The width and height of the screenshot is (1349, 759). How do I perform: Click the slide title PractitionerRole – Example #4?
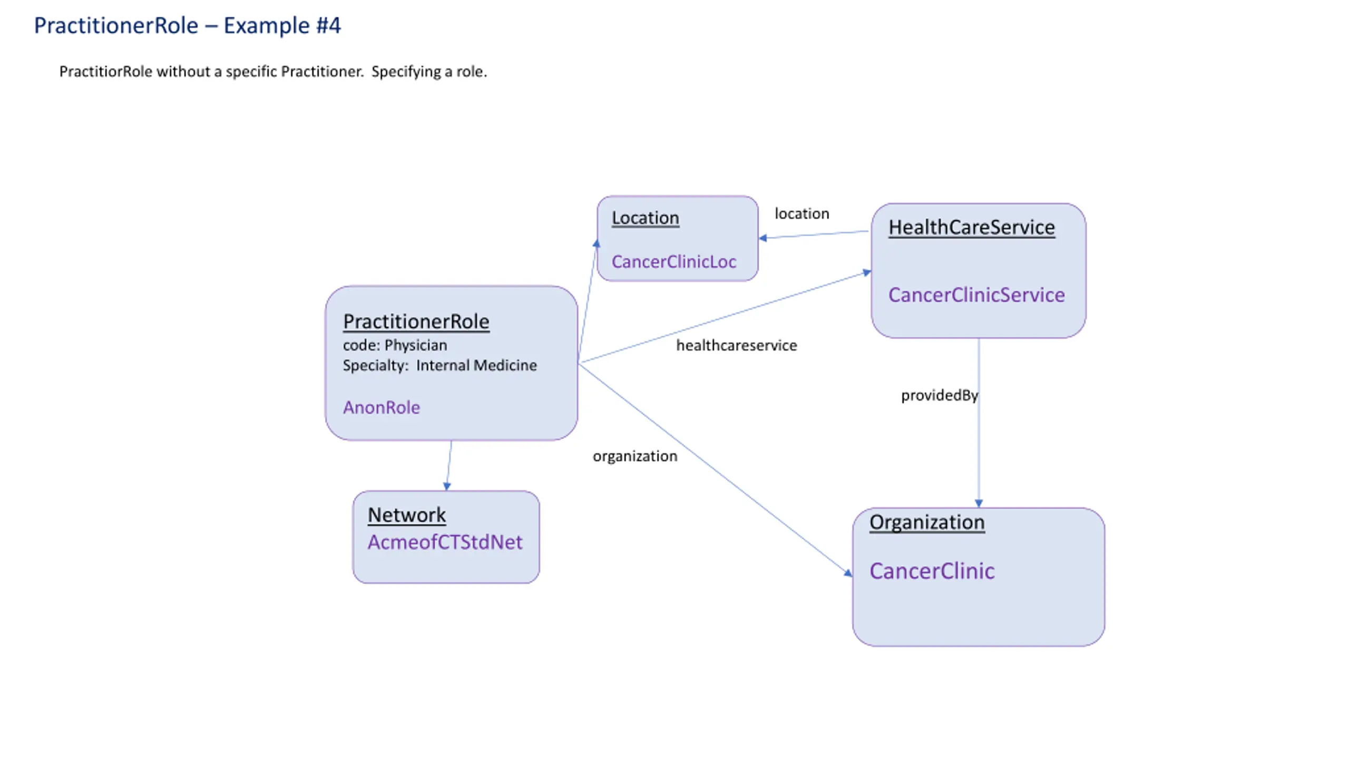point(187,25)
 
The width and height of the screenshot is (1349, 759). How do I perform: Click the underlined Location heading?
point(645,218)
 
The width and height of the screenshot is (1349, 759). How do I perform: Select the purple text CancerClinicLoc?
point(673,261)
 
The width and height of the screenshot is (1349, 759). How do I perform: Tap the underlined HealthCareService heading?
point(971,227)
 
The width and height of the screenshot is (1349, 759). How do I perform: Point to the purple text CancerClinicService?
point(976,295)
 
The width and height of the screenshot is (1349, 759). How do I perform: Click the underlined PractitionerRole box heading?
point(416,322)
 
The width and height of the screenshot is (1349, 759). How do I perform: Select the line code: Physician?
point(395,345)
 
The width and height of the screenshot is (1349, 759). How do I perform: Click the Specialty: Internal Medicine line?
point(439,365)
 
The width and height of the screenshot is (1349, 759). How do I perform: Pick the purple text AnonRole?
point(381,407)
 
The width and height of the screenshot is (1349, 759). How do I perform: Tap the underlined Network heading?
point(406,515)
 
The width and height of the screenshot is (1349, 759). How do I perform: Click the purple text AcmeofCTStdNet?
point(445,542)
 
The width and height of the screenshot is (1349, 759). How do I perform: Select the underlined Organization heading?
point(927,522)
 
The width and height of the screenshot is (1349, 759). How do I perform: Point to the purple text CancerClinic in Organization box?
point(932,571)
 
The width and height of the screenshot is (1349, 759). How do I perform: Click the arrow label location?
point(801,213)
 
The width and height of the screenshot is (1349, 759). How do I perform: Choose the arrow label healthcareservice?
point(736,345)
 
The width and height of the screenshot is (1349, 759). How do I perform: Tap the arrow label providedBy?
point(939,395)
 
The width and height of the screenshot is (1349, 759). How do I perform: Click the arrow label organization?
point(634,456)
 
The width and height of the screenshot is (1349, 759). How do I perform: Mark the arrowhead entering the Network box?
point(447,486)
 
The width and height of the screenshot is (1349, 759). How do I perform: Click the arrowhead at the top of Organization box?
point(979,503)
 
